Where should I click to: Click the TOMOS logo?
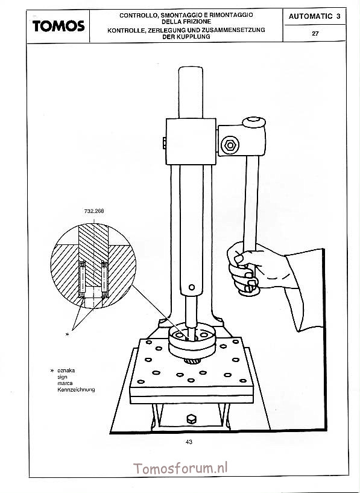point(58,26)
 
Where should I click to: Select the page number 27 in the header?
point(315,34)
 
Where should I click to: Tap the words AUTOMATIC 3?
point(314,16)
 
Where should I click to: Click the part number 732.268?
point(94,211)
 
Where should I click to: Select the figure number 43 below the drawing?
point(189,442)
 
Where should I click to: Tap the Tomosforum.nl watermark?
point(180,468)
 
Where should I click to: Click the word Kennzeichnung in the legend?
point(76,390)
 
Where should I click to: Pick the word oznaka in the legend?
point(66,371)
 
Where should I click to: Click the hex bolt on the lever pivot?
point(230,145)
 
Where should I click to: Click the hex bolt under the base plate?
point(191,419)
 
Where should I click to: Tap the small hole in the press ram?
point(192,287)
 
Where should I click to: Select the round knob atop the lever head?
point(254,122)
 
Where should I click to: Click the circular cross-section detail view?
point(93,266)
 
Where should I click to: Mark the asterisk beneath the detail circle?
point(67,334)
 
